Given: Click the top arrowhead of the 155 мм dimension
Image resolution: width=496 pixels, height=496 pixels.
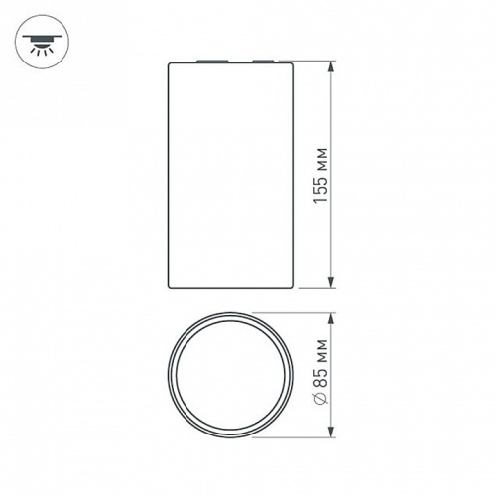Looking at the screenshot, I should click(331, 65).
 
